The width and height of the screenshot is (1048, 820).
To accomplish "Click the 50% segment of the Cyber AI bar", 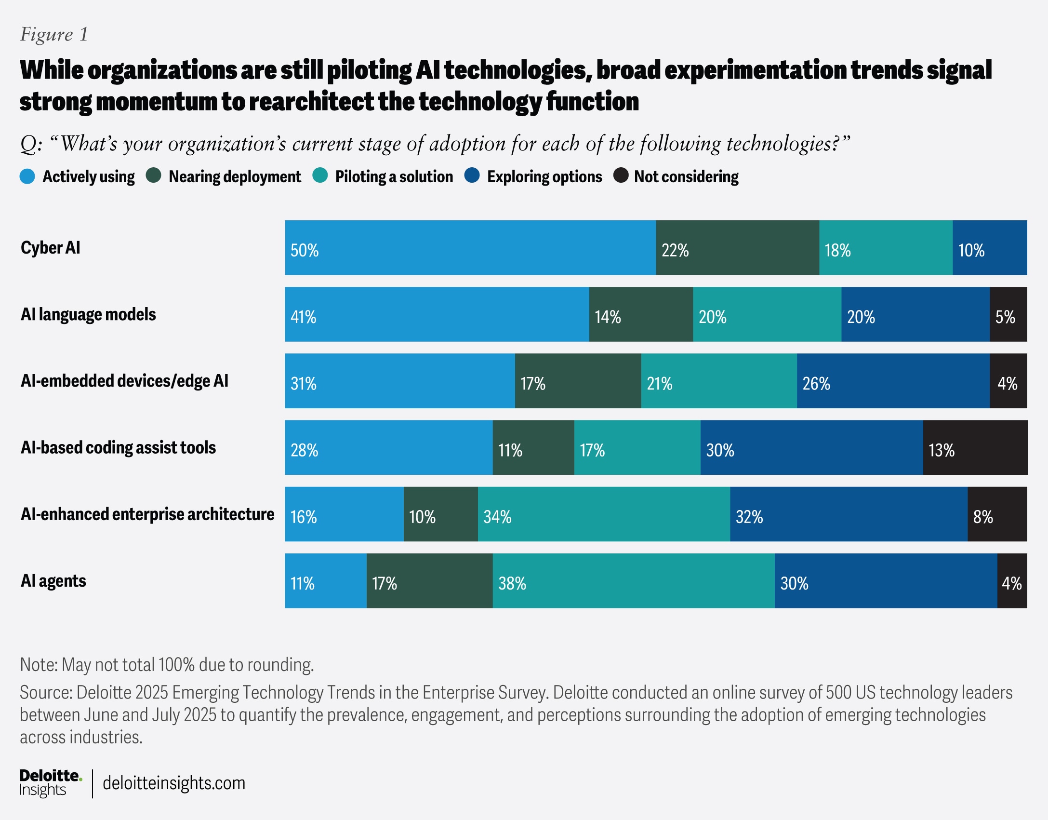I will point(470,248).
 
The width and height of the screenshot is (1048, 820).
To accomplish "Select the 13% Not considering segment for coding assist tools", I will point(975,447).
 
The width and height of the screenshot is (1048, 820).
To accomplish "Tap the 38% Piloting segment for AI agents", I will point(633,581).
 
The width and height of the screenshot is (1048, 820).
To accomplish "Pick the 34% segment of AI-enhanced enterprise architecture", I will point(603,514).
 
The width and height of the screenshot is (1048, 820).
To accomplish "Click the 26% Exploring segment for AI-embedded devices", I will point(893,381).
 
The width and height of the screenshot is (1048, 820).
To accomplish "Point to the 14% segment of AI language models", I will point(640,314).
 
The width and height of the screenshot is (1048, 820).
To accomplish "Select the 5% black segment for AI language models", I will point(1008,314).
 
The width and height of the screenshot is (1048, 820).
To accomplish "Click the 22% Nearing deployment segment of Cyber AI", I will point(737,248).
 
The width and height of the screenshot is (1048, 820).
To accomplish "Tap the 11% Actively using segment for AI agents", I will point(325,581).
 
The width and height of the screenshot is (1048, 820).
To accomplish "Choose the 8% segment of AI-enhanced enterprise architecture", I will point(997,514).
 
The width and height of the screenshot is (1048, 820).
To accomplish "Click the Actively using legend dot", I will point(27,176).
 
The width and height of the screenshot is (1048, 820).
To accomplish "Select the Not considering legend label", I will point(686,177).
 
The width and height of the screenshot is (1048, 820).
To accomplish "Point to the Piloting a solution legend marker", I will point(320,176).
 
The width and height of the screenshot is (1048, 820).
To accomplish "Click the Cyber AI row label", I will point(51,248).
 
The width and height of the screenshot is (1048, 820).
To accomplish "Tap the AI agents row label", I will point(53,581).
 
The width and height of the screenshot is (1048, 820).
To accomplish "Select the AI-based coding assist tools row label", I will point(118,448).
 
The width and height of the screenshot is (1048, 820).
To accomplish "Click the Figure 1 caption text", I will point(54,34).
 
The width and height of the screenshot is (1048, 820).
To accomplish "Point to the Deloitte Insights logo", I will point(50,783).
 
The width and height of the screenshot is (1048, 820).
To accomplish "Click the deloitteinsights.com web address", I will point(174,783).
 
